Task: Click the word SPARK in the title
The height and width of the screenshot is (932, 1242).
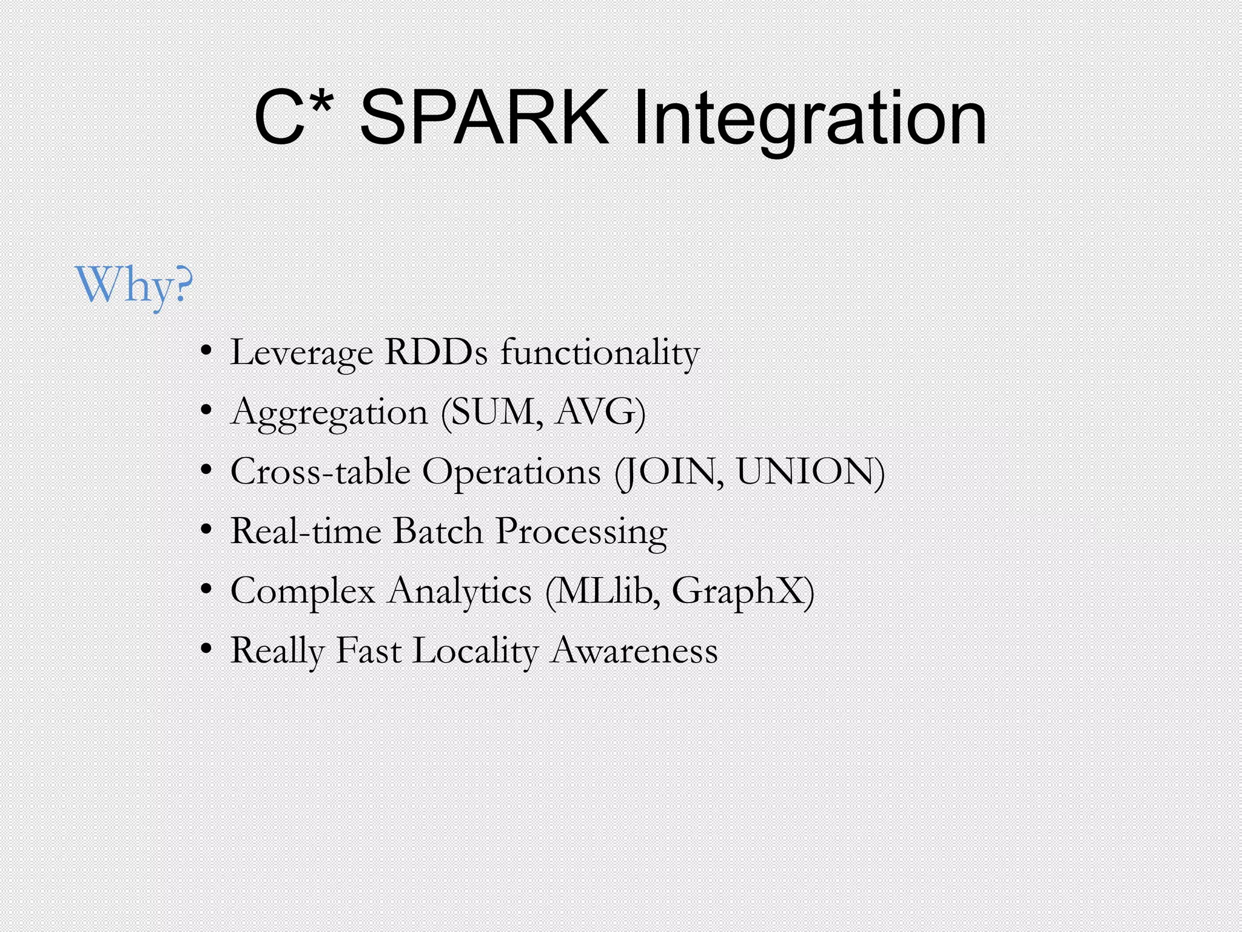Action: [x=484, y=118]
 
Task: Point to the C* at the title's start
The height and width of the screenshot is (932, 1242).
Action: [x=293, y=118]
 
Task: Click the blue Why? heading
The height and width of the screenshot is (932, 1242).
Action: [x=134, y=285]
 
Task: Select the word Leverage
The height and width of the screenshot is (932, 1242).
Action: [x=301, y=353]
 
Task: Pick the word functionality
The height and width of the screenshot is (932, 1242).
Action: [x=600, y=353]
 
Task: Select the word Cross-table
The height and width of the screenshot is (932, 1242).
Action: [x=320, y=471]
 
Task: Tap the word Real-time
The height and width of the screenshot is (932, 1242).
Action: [x=306, y=531]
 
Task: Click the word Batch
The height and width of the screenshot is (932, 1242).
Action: [x=438, y=531]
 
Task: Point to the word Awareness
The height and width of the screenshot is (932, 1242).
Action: [x=634, y=650]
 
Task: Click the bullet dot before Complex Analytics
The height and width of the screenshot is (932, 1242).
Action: [x=207, y=590]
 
